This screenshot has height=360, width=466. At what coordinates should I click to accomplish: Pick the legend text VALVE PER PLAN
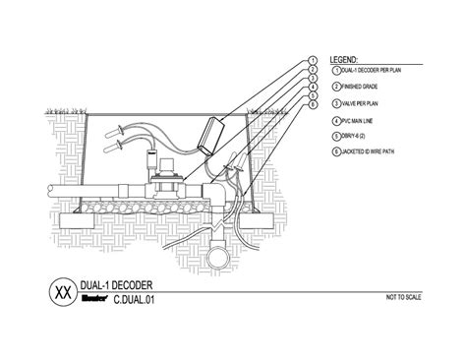tap(360, 103)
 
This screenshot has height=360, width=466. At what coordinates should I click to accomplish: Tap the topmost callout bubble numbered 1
tap(312, 61)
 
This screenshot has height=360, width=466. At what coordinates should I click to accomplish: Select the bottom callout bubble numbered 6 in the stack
tap(312, 101)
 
